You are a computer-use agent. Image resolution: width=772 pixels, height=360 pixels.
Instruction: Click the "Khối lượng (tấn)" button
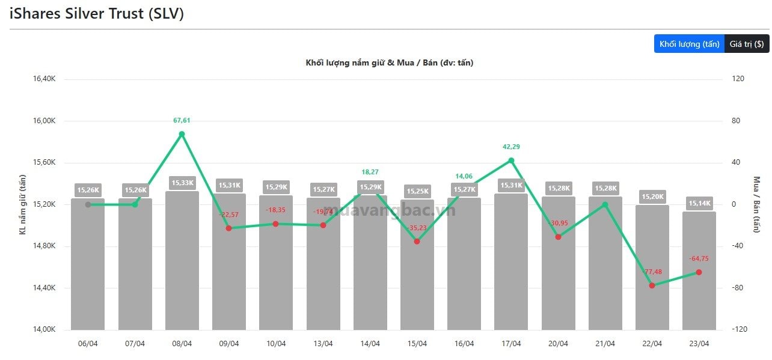[x=689, y=44]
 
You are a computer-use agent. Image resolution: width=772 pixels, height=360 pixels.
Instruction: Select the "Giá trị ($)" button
[x=747, y=44]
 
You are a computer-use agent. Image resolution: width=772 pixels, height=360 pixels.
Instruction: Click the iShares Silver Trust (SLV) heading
[x=97, y=14]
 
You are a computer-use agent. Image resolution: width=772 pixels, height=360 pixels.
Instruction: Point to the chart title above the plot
[x=389, y=63]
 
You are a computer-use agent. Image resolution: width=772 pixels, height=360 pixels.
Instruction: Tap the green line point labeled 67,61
[x=182, y=134]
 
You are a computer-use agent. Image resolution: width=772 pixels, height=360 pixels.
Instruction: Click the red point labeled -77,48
[x=652, y=285]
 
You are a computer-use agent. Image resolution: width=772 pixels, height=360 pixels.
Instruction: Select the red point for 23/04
[x=699, y=272]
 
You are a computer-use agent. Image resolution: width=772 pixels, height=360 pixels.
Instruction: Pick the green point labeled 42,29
[x=511, y=160]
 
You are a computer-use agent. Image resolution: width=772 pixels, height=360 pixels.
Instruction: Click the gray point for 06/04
[x=88, y=205]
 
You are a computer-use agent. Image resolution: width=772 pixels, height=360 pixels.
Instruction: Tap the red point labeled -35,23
[x=417, y=242]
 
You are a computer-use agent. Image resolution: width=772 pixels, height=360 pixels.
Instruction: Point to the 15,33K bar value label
[x=182, y=183]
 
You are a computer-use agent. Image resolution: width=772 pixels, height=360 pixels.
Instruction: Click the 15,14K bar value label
[x=699, y=203]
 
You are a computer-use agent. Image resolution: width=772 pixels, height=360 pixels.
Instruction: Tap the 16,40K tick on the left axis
[x=44, y=79]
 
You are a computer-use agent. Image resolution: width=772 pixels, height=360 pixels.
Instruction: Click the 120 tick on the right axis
[x=737, y=79]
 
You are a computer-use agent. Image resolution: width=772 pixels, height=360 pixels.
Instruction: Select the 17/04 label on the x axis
[x=511, y=344]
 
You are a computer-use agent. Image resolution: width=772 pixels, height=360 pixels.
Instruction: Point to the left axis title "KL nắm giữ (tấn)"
[x=23, y=204]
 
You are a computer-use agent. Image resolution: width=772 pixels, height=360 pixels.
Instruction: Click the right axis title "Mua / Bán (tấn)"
[x=756, y=204]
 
